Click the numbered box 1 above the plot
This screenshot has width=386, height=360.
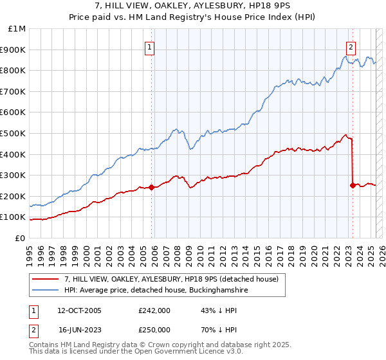pyautogui.click(x=149, y=46)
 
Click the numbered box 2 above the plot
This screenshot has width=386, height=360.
pyautogui.click(x=351, y=46)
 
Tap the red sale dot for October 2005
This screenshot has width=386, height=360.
pyautogui.click(x=152, y=188)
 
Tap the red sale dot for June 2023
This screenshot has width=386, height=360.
pyautogui.click(x=353, y=186)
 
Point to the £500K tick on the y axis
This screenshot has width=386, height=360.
pyautogui.click(x=14, y=134)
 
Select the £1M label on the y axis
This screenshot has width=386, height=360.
pyautogui.click(x=17, y=29)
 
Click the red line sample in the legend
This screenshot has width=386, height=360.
pyautogui.click(x=46, y=279)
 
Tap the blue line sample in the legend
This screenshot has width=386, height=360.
pyautogui.click(x=46, y=291)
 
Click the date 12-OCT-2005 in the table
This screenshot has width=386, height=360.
pyautogui.click(x=80, y=310)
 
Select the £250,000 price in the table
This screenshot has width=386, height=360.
pyautogui.click(x=154, y=329)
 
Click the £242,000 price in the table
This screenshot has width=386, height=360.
pyautogui.click(x=154, y=310)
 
